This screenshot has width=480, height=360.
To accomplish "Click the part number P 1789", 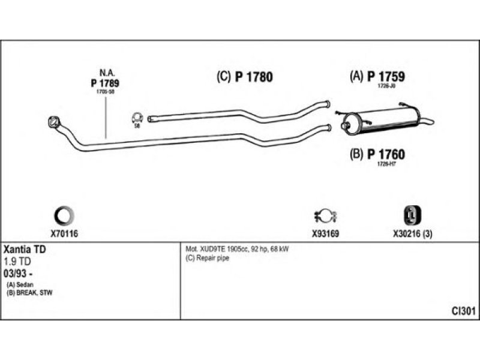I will pos(106,83).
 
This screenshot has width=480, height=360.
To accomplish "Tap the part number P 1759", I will pos(386,76).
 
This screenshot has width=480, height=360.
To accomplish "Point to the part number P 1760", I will pos(386,154).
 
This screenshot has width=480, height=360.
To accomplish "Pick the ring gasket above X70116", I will pos(64,214).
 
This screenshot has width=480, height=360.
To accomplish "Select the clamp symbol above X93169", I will pos(325,215).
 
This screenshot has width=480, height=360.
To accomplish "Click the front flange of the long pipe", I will pos(53,122).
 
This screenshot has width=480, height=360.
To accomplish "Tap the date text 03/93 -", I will pos(19,273).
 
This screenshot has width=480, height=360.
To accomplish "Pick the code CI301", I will pos(464,311).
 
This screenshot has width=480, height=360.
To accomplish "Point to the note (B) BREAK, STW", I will pos(29,292).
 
